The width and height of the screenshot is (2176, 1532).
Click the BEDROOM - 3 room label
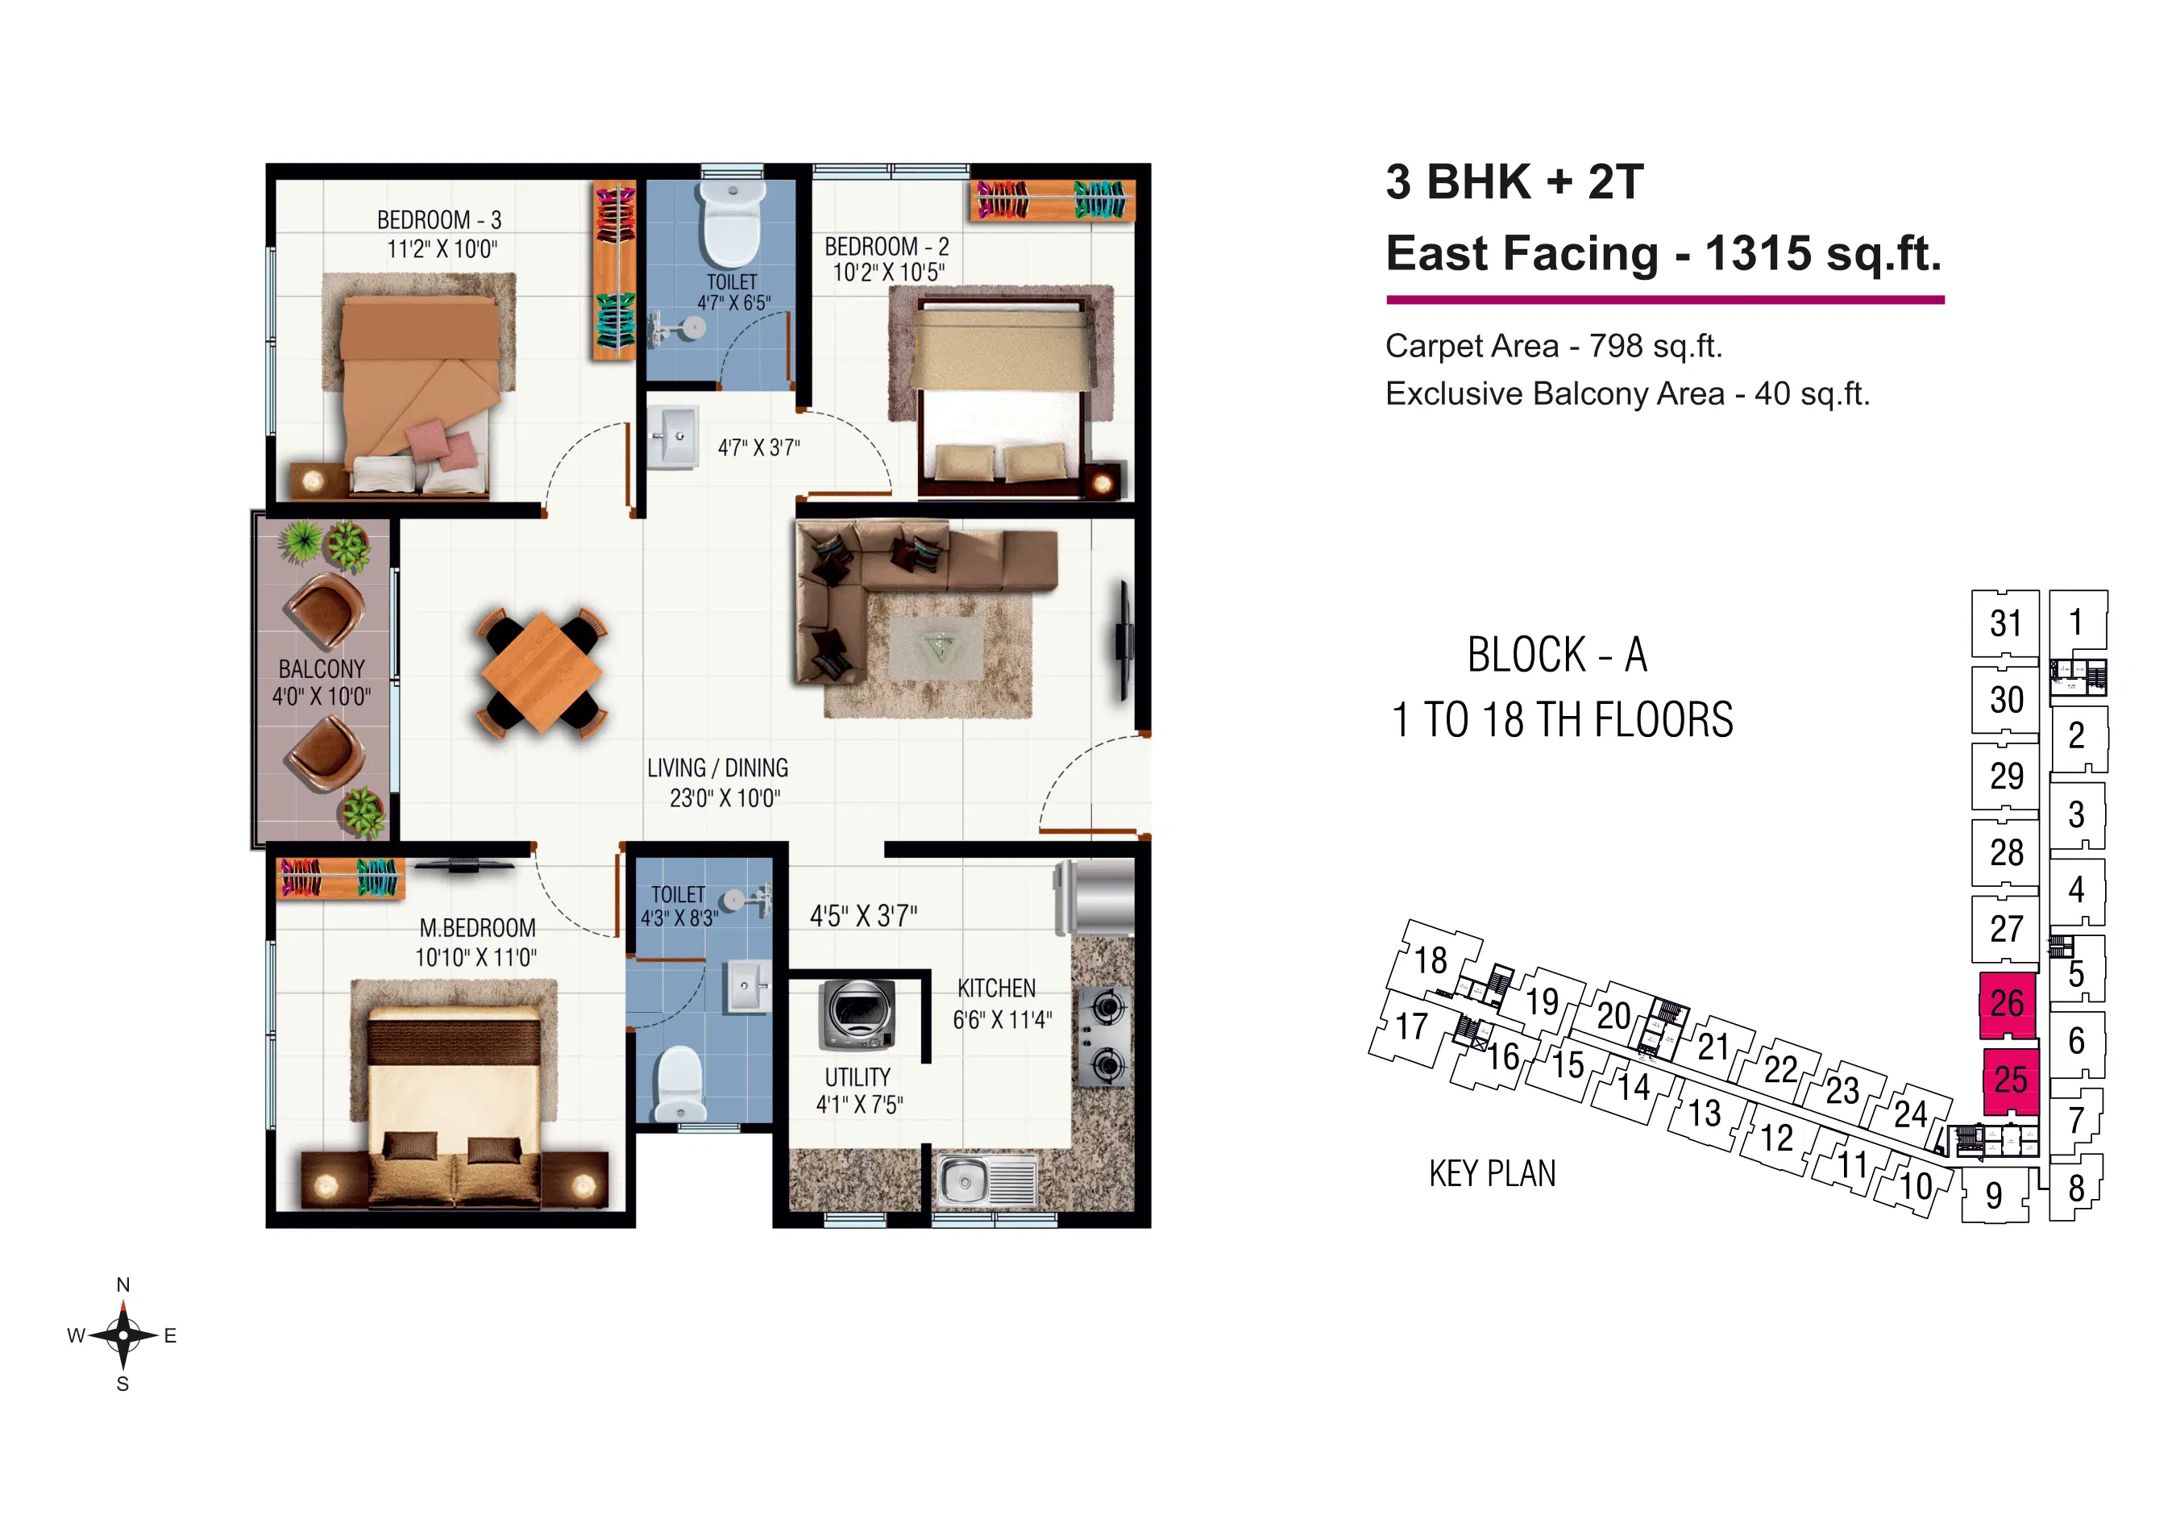pyautogui.click(x=438, y=220)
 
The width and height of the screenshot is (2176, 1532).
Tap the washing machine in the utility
pyautogui.click(x=858, y=1014)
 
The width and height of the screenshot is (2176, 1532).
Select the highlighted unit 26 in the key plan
pyautogui.click(x=2008, y=1003)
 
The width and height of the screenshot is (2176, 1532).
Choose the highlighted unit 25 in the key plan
pyautogui.click(x=2010, y=1080)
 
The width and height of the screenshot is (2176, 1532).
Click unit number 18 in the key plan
pyautogui.click(x=1431, y=960)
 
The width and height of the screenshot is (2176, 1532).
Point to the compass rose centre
pyautogui.click(x=123, y=1334)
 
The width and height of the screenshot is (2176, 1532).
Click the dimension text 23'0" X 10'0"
pyautogui.click(x=725, y=798)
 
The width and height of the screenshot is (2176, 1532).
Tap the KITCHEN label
pyautogui.click(x=996, y=988)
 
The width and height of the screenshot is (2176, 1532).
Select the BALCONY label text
pyautogui.click(x=322, y=668)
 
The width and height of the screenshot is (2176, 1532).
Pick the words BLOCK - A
pyautogui.click(x=1557, y=655)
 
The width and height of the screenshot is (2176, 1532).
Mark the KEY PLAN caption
pyautogui.click(x=1493, y=1174)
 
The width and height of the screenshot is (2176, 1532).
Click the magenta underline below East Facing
pyautogui.click(x=1665, y=300)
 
